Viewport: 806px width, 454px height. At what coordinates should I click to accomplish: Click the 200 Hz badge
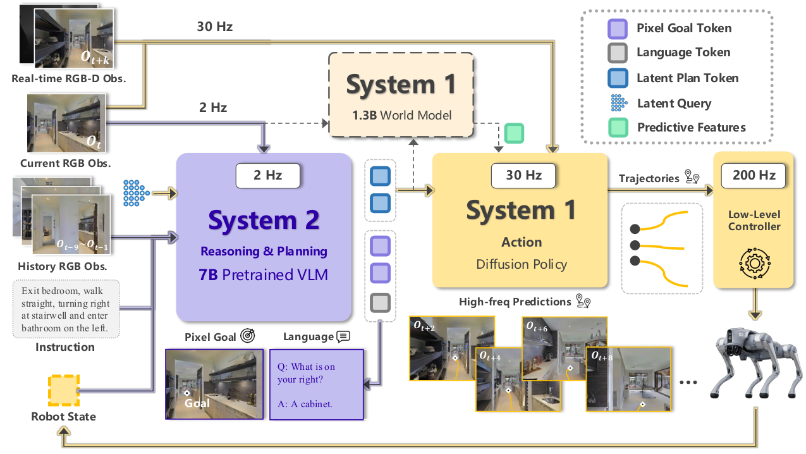(x=754, y=175)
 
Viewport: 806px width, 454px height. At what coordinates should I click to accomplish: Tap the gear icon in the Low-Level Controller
(x=755, y=263)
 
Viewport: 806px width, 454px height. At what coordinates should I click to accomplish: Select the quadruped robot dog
(x=757, y=363)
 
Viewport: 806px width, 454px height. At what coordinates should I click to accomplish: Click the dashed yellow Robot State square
(x=64, y=391)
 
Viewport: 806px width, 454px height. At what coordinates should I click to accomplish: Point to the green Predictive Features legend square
(x=618, y=128)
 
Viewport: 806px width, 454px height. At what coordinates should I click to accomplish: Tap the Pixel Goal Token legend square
(x=618, y=29)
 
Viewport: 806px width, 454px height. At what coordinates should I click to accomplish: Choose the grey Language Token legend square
(x=618, y=53)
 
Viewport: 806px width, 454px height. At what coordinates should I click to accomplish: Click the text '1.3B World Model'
(x=401, y=115)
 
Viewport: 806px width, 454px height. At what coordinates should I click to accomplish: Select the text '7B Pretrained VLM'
(x=263, y=274)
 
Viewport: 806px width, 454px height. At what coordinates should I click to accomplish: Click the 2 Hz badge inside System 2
(x=267, y=175)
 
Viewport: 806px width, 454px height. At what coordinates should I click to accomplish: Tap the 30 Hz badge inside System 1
(x=523, y=175)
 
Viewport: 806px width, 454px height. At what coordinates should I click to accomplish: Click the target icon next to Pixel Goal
(x=248, y=336)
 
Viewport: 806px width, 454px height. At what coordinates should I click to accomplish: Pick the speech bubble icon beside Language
(x=343, y=336)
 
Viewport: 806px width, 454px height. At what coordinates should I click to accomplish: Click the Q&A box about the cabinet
(x=316, y=384)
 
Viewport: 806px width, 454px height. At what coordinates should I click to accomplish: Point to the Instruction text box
(x=66, y=309)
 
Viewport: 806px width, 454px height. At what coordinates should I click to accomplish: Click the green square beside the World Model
(x=514, y=133)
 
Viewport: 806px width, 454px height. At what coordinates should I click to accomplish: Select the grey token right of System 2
(x=381, y=303)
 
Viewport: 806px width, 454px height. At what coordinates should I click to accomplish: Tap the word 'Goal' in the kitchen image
(x=197, y=403)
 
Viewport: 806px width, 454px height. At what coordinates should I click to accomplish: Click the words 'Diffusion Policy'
(x=522, y=264)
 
